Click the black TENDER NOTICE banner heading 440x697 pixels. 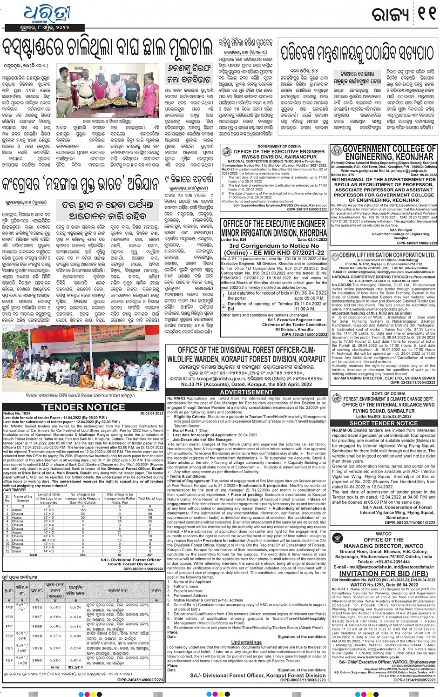(x=83, y=407)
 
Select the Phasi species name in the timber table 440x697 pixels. (x=17, y=548)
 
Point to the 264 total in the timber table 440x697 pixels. (x=83, y=555)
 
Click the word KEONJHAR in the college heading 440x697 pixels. (x=411, y=157)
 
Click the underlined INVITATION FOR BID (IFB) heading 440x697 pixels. (x=383, y=573)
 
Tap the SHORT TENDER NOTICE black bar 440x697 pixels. (x=384, y=423)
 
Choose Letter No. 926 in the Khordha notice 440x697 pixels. (x=234, y=240)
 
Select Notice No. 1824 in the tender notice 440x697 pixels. (x=17, y=413)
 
